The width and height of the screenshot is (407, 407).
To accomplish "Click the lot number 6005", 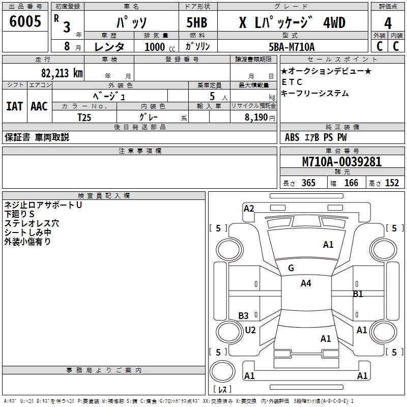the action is (25, 22).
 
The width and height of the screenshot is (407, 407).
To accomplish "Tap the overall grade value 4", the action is (388, 23).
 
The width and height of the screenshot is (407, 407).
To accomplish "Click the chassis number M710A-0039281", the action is (342, 162).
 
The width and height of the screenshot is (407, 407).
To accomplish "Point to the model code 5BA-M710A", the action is (292, 47).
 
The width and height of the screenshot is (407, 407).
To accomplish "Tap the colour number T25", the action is (85, 117).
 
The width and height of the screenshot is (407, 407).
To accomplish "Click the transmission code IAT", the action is (14, 106).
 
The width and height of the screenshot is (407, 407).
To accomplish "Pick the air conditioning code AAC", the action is (39, 106).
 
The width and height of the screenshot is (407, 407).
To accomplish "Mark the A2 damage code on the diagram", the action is (249, 208).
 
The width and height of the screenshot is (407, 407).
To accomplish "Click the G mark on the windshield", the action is (291, 268).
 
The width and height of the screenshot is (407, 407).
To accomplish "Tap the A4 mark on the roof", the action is (306, 283).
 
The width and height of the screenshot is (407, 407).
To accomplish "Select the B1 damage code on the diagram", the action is (358, 294).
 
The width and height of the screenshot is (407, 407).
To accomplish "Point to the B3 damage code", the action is (244, 316).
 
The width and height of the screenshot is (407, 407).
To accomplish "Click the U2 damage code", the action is (250, 330).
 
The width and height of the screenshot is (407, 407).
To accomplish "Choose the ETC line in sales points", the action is (292, 82).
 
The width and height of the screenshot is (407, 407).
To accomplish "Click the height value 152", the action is (392, 183).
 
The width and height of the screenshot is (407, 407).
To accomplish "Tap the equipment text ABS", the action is (292, 137).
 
